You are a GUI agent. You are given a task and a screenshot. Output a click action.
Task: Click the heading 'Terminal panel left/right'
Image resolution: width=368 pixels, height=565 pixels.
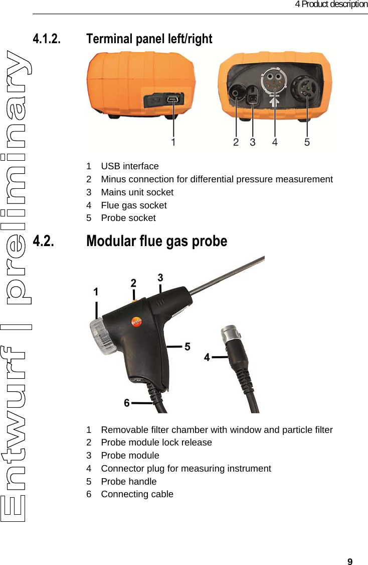(x=149, y=39)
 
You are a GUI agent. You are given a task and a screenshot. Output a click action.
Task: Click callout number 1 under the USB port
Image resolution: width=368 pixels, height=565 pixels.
(x=173, y=142)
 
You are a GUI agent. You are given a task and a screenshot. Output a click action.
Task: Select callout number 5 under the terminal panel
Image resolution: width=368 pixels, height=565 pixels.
(x=307, y=142)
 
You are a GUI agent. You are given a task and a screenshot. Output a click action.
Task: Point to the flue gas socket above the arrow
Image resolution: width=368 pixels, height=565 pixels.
(x=274, y=80)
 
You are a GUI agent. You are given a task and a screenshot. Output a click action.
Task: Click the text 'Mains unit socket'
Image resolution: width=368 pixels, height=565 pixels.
(x=137, y=192)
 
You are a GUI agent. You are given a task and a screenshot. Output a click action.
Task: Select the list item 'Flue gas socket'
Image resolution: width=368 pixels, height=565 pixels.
(x=133, y=205)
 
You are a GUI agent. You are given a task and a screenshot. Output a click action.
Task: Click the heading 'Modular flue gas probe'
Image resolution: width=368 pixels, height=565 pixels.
(x=156, y=241)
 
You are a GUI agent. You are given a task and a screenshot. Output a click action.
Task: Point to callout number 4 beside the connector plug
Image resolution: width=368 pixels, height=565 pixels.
(x=207, y=358)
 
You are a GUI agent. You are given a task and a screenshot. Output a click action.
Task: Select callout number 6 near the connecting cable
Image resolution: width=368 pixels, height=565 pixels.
(x=127, y=403)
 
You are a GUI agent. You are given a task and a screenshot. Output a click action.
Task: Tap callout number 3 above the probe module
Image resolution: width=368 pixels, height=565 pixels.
(x=160, y=277)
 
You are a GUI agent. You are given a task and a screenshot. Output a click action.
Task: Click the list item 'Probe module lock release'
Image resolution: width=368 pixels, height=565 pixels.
(x=156, y=442)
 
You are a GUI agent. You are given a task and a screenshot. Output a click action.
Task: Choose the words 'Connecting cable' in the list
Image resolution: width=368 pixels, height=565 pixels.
(x=137, y=494)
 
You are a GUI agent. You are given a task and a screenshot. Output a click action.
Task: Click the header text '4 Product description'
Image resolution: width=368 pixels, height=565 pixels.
(x=331, y=5)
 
